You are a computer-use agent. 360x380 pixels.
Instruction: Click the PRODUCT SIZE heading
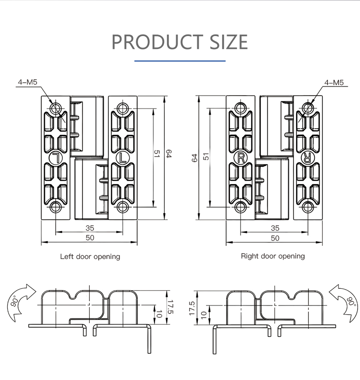(x=180, y=42)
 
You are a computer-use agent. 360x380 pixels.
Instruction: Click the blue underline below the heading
(x=180, y=61)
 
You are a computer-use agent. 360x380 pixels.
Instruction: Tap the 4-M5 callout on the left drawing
(x=27, y=82)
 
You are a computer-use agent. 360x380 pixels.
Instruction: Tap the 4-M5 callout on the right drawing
(x=334, y=83)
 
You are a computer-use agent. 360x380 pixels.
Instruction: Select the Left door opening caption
(x=90, y=257)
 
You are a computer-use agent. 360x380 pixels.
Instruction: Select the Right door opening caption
(x=273, y=256)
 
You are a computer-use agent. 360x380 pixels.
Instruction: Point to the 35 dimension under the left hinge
(x=90, y=228)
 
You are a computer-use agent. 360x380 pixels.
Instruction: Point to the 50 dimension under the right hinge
(x=275, y=238)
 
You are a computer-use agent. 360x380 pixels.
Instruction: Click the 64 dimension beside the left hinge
(x=169, y=154)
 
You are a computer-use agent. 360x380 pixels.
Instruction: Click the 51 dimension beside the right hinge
(x=206, y=156)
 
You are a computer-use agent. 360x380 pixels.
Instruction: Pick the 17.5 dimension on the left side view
(x=170, y=307)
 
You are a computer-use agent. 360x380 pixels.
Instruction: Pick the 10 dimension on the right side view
(x=204, y=315)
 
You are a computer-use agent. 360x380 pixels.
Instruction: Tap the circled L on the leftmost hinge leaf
(x=56, y=159)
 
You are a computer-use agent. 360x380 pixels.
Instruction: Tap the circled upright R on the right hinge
(x=240, y=158)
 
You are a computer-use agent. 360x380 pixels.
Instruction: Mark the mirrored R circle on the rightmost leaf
(x=308, y=158)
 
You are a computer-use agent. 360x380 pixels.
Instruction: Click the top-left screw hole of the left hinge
(x=56, y=108)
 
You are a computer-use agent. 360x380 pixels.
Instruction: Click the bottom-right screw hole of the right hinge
(x=308, y=208)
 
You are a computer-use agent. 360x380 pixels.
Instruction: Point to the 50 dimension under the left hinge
(x=90, y=238)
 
